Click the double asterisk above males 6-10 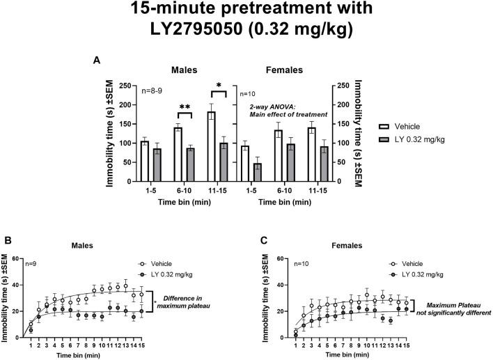[185, 107]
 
